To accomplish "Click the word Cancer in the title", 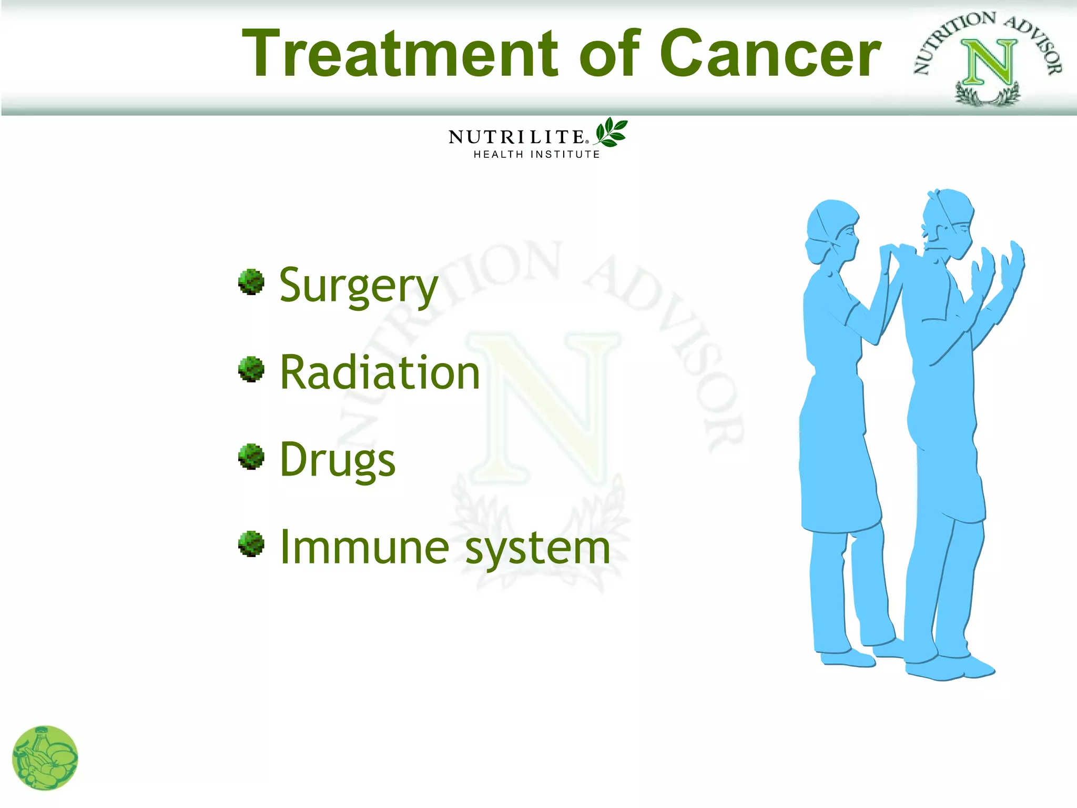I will (x=770, y=54).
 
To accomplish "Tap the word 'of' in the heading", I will (x=610, y=54).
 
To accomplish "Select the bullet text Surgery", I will (x=358, y=286).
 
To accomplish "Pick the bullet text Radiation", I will (x=380, y=372).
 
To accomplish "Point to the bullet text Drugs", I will (x=337, y=460).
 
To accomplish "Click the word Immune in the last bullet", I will (x=364, y=548).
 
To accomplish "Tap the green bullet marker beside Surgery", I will (x=251, y=282).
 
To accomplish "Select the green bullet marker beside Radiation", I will (x=251, y=369).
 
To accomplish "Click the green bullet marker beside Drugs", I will (x=251, y=456).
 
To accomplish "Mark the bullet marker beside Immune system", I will (x=251, y=543).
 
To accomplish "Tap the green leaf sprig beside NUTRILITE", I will (x=611, y=132).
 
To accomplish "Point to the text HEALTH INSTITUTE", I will (x=536, y=155).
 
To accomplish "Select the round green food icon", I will (x=45, y=758).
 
